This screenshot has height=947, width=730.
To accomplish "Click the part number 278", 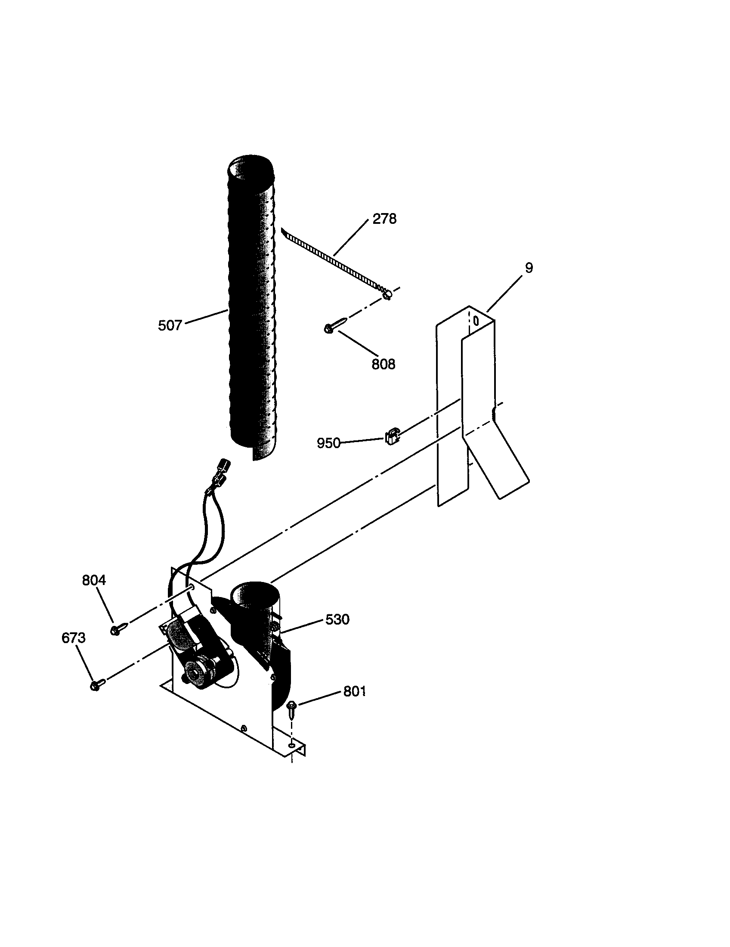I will coord(384,219).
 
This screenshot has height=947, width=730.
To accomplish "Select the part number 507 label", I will coord(170,325).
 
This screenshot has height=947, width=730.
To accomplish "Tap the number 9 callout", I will coord(529,268).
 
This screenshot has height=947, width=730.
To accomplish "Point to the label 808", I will coord(383,364).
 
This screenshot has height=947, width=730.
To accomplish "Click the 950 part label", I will coord(328,443).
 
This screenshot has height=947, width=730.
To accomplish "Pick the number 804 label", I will coord(94,580).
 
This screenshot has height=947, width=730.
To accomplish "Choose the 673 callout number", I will coord(73,638).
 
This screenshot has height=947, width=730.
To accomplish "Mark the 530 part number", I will coord(337,619).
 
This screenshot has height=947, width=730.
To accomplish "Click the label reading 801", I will coord(354,691).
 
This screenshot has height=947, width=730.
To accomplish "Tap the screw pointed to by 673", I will coord(97,685).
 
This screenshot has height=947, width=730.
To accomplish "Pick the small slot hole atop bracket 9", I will coord(476,321).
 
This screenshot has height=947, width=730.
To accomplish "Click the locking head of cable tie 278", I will coord(387,295).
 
